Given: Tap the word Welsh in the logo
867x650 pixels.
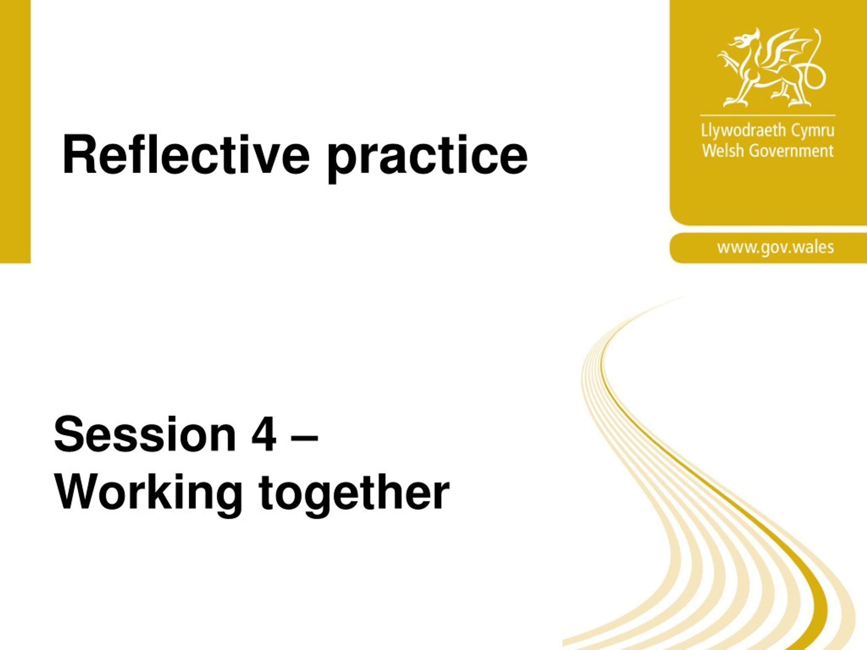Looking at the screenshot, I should coord(718,150).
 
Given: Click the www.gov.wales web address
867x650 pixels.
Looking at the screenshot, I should coord(776,247).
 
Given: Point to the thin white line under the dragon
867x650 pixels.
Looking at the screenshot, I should coord(767,115).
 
